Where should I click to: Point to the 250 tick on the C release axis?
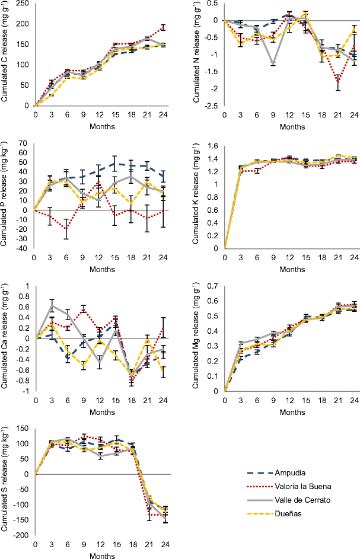pyautogui.click(x=24, y=2)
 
